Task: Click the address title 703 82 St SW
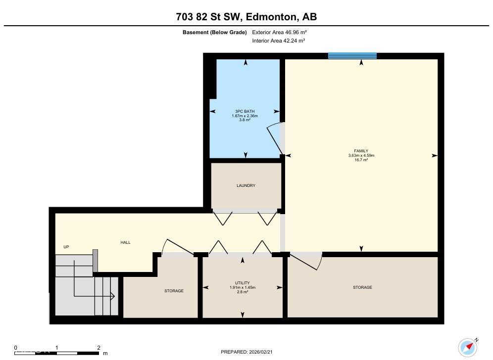tap(246, 17)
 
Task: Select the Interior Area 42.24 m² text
tap(279, 41)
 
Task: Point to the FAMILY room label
tap(361, 151)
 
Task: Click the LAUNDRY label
tap(246, 185)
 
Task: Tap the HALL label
tap(125, 242)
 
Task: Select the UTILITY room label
tap(243, 283)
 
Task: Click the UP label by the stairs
tap(66, 247)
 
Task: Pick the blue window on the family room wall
tap(352, 56)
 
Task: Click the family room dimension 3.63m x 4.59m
tap(361, 156)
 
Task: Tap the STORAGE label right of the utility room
tap(362, 287)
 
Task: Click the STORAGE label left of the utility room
tap(174, 291)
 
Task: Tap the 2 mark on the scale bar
tap(99, 348)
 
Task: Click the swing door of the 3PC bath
tap(275, 138)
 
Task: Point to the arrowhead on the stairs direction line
tap(113, 296)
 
